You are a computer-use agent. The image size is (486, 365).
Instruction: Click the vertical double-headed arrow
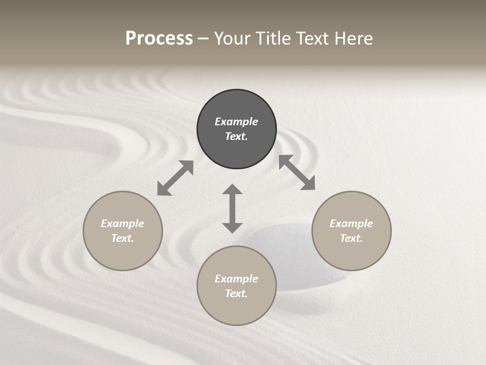[232, 208]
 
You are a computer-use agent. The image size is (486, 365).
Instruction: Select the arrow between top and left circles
[175, 178]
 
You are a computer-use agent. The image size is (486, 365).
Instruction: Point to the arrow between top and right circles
[297, 172]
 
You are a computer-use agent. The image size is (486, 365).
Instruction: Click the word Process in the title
[159, 39]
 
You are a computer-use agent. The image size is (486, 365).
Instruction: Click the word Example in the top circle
[236, 122]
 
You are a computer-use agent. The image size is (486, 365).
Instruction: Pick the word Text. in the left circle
[123, 238]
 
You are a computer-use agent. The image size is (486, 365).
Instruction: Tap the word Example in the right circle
[351, 224]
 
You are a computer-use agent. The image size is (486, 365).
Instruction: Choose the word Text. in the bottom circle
[236, 294]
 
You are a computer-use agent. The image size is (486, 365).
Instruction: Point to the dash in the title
[204, 39]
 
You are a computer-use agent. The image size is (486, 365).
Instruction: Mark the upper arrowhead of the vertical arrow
[232, 190]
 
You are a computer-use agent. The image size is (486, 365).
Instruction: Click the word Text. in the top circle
[236, 136]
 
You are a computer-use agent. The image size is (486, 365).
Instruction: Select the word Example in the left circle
[123, 224]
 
